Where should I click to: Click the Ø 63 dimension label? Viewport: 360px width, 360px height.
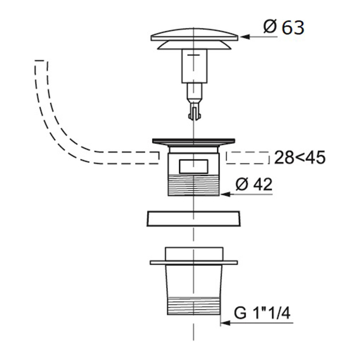point(284,28)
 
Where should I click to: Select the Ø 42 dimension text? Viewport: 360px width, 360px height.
point(254,184)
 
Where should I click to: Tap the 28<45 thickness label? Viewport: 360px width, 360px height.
point(300,158)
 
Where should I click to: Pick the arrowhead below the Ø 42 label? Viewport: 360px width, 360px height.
point(225,194)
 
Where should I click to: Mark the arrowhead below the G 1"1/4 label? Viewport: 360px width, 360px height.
point(225,323)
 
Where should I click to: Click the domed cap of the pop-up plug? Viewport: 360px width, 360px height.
point(194,35)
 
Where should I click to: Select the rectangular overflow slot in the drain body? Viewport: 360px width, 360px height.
point(194,166)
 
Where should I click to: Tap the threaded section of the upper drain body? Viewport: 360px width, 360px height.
point(194,185)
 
